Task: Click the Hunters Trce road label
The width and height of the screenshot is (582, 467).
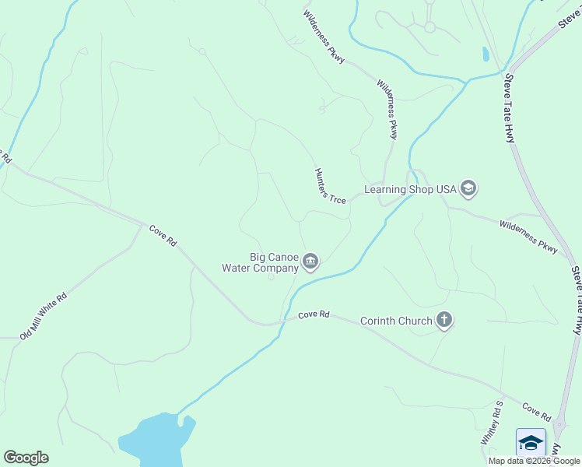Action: click(330, 186)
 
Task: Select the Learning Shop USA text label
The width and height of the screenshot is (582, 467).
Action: click(410, 189)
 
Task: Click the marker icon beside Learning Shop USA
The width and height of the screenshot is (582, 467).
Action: click(468, 188)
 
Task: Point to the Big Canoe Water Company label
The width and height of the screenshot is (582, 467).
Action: click(261, 262)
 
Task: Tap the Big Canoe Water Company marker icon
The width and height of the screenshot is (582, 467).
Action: click(310, 262)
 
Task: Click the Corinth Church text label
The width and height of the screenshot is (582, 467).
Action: click(396, 321)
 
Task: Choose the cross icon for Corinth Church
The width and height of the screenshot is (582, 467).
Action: click(444, 320)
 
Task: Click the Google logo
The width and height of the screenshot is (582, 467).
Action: click(26, 458)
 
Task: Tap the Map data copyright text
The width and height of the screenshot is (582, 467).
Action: click(534, 461)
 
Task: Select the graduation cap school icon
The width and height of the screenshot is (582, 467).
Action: click(531, 442)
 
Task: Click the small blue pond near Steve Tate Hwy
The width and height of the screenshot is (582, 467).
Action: click(486, 54)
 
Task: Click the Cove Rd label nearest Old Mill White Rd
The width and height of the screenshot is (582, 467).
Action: click(163, 235)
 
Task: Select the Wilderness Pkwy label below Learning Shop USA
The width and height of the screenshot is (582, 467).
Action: click(529, 237)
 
